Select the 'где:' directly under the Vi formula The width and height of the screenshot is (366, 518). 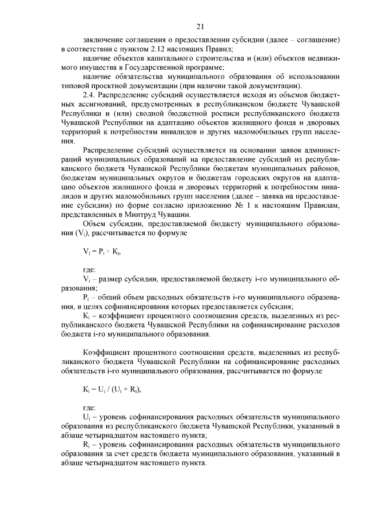tap(90, 268)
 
